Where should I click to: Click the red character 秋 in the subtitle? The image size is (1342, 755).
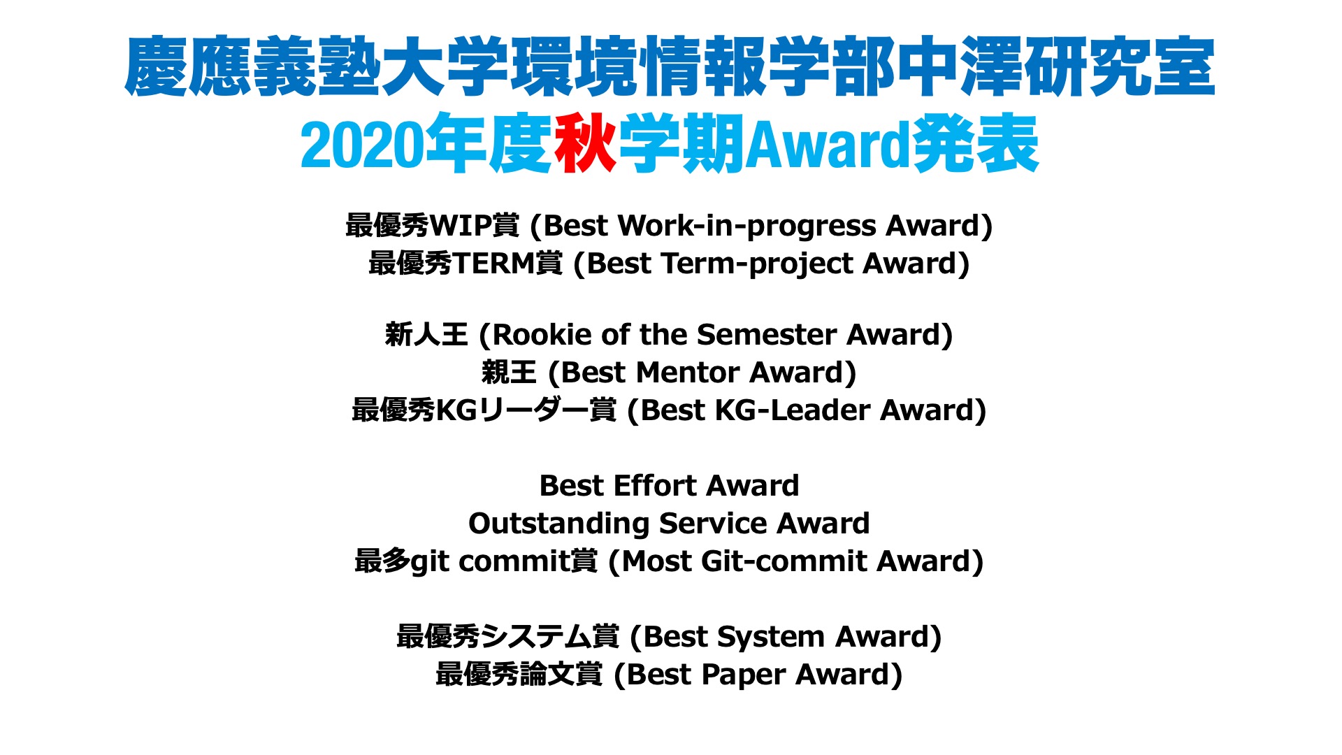click(585, 143)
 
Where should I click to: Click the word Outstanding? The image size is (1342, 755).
click(559, 524)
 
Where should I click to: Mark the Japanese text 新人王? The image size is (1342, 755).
click(426, 334)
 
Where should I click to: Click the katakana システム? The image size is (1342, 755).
click(536, 637)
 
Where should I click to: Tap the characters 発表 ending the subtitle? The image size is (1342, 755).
click(976, 143)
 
